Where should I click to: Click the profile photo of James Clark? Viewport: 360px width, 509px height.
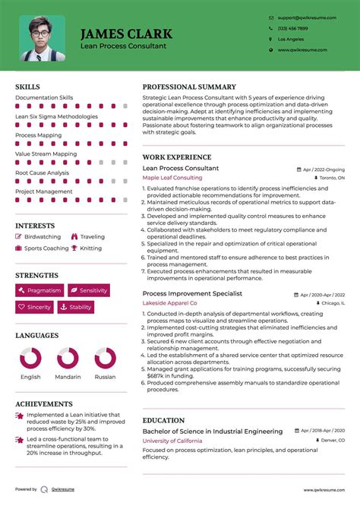click(43, 38)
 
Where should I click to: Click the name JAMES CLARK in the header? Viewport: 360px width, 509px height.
click(126, 34)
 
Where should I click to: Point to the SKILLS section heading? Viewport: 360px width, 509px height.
click(29, 87)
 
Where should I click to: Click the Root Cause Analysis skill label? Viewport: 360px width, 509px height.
click(42, 172)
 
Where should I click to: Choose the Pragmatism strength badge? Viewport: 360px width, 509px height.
click(39, 290)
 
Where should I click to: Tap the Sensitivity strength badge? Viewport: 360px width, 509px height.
click(89, 290)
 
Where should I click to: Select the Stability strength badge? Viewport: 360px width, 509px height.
click(76, 308)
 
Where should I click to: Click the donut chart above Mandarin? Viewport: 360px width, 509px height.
click(68, 359)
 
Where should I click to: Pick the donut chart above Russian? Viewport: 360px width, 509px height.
click(105, 359)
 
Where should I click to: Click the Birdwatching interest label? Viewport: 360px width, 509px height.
click(42, 237)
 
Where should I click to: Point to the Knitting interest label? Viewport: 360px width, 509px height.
click(90, 248)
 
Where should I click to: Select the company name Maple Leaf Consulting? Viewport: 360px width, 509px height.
click(172, 178)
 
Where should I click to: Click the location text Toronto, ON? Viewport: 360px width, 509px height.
click(332, 178)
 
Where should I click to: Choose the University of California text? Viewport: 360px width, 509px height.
click(171, 441)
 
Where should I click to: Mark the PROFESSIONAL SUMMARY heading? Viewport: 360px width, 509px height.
click(189, 87)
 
